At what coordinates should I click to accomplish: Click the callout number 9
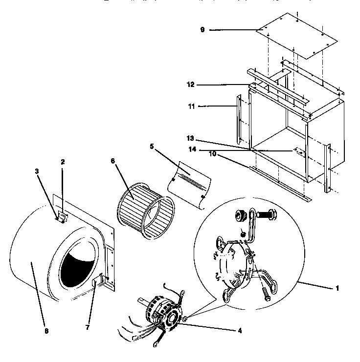[202, 30]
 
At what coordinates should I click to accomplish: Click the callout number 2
[63, 162]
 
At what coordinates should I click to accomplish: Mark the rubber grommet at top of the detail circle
[241, 215]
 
